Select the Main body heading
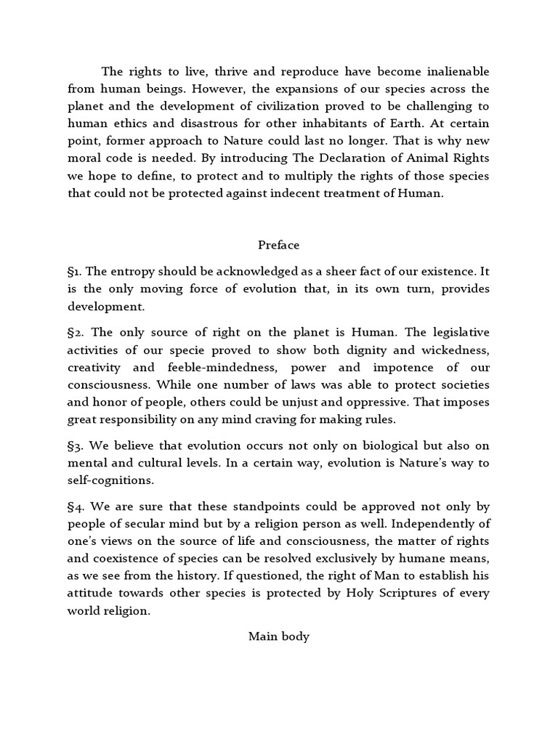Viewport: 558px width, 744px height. click(x=279, y=636)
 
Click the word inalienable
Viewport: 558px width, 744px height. click(x=450, y=71)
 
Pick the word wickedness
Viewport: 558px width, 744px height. click(x=460, y=349)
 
